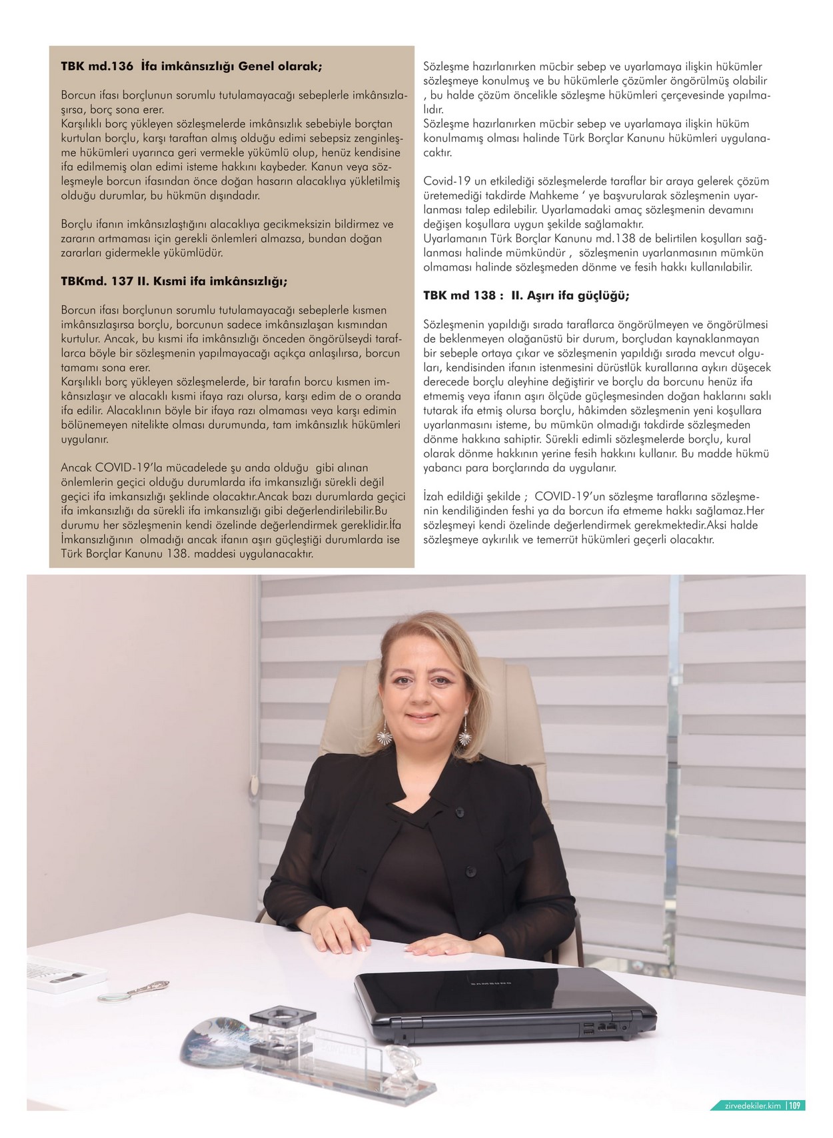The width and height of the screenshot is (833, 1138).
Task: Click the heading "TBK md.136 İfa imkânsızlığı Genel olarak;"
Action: click(x=191, y=67)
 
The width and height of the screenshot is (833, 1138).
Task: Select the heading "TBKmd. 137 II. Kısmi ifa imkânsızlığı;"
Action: click(x=174, y=281)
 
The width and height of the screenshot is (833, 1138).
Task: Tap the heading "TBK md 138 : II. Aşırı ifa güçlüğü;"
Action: click(x=526, y=295)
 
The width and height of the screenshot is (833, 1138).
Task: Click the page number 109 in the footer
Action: click(x=796, y=1105)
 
